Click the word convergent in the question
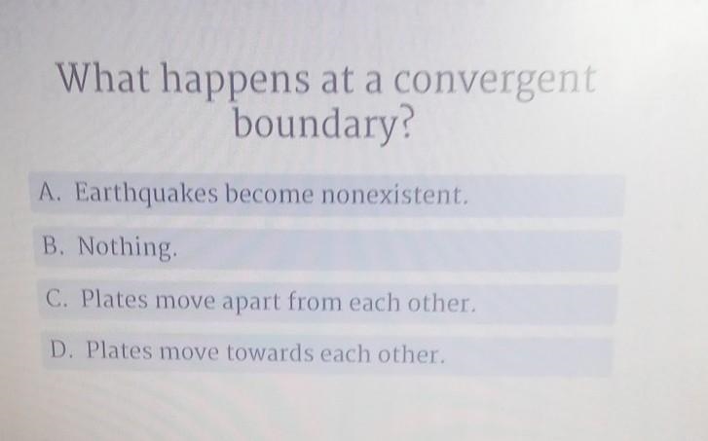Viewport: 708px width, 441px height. click(495, 82)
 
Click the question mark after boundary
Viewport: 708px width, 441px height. click(405, 122)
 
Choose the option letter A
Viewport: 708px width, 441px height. click(49, 192)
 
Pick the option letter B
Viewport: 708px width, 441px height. click(52, 245)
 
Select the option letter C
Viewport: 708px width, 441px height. click(56, 298)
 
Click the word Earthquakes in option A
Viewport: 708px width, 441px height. click(146, 194)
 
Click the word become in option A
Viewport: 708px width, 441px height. click(269, 194)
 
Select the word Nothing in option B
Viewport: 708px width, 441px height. click(126, 247)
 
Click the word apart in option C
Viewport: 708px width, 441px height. click(250, 302)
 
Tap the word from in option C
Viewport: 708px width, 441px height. click(315, 301)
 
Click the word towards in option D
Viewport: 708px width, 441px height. click(270, 352)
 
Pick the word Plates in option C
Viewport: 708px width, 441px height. click(114, 298)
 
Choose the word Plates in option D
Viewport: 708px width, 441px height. click(119, 349)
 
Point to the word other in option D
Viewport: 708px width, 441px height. click(411, 353)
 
